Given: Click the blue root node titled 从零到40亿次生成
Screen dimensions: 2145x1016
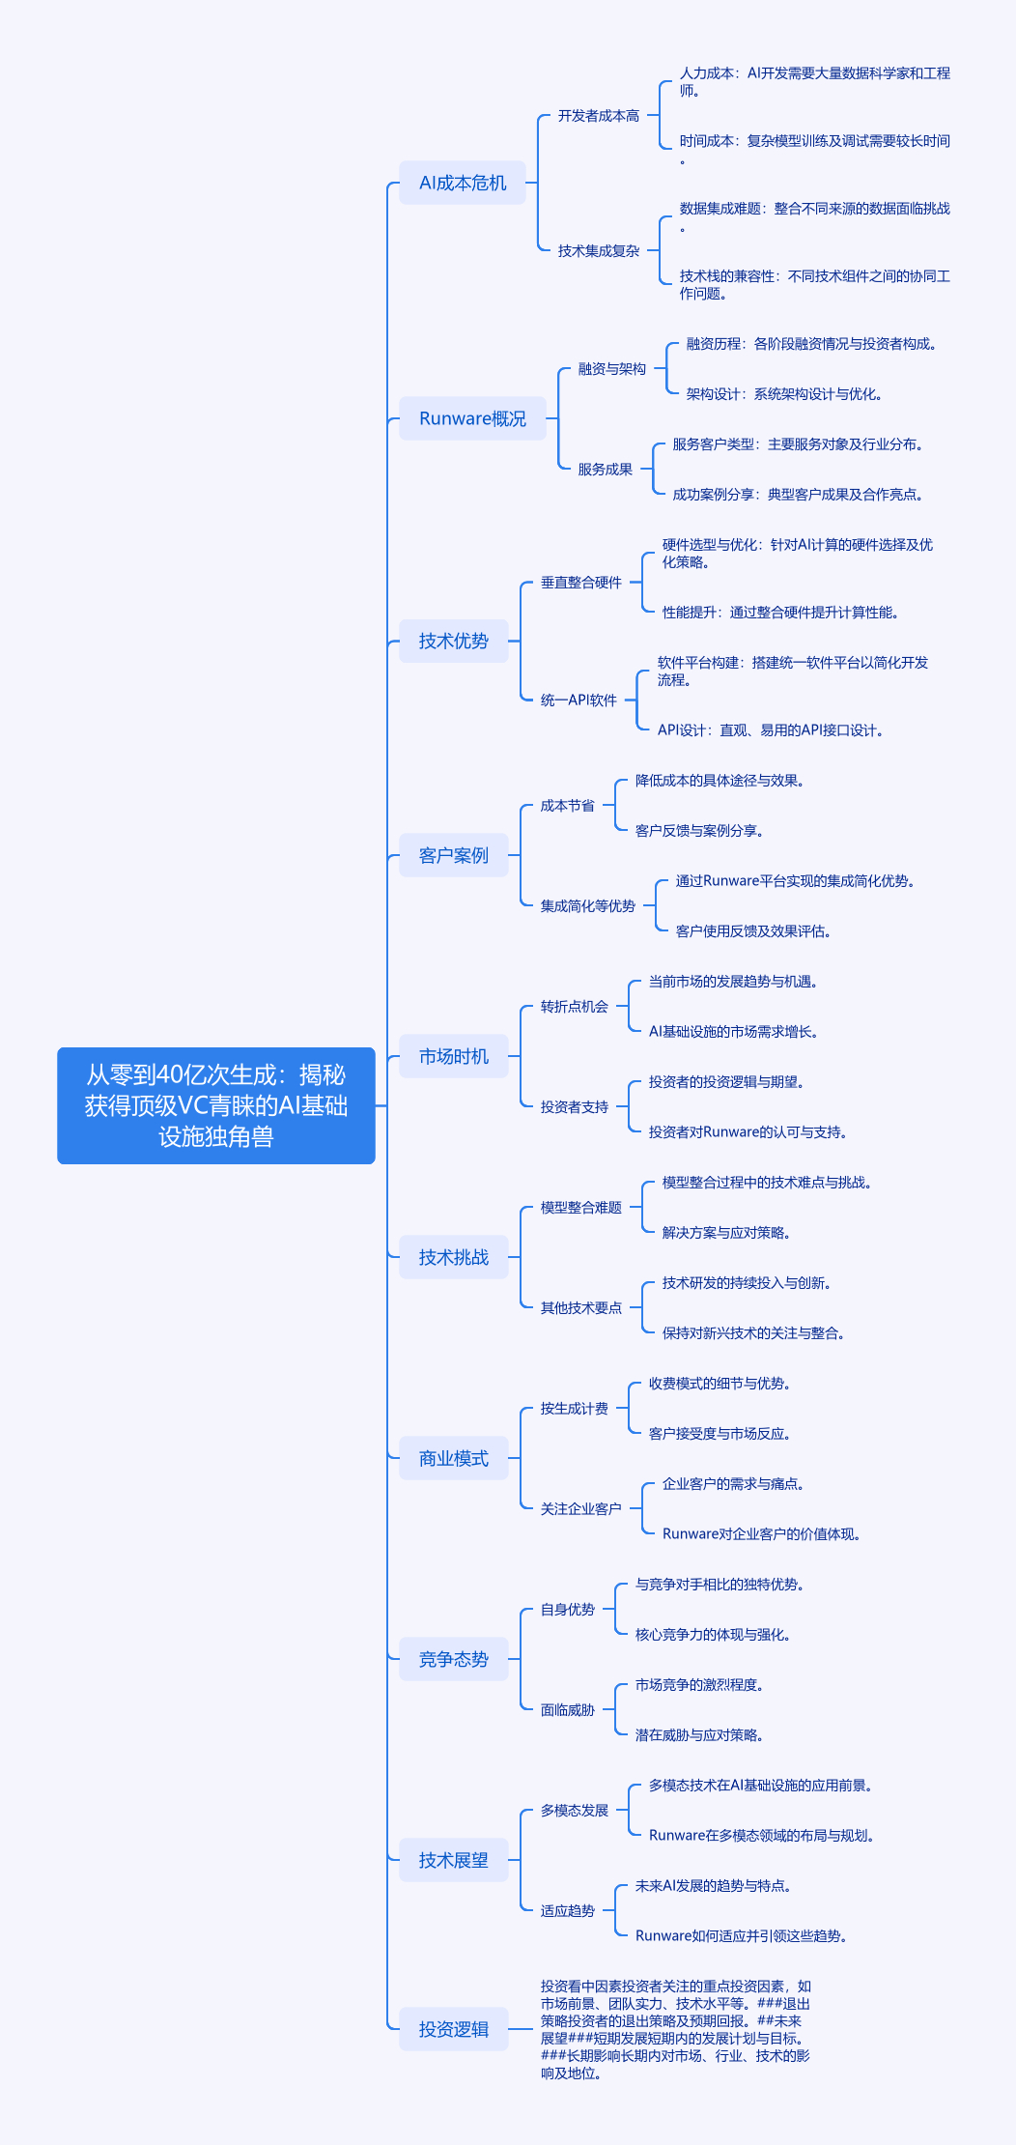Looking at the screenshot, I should [x=215, y=1105].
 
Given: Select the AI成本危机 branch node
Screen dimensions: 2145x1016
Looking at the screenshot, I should [x=463, y=183].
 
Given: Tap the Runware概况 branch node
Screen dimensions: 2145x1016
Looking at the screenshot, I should [x=472, y=418].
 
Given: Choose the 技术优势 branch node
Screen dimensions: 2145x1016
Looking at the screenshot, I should [x=453, y=641].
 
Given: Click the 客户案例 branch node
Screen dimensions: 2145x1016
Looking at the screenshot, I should [x=453, y=855].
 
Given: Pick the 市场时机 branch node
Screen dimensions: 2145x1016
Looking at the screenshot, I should [x=453, y=1056].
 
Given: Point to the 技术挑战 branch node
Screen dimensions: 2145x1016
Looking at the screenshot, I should [x=453, y=1257].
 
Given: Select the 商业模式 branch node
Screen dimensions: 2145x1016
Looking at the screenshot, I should [x=453, y=1458].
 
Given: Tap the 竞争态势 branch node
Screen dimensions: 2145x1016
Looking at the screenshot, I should [x=453, y=1659].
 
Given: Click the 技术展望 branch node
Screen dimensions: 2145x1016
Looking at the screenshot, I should [x=453, y=1860].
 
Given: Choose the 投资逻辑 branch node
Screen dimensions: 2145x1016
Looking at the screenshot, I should [x=453, y=2029].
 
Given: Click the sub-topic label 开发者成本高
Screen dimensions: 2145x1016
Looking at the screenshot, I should [x=598, y=116].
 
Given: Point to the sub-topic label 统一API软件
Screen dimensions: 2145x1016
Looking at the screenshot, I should [x=578, y=701].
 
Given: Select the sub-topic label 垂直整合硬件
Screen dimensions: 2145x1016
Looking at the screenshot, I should [x=580, y=583].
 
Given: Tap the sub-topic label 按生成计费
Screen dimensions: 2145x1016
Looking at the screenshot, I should [x=574, y=1409].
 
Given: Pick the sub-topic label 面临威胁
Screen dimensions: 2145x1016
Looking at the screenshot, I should [x=567, y=1710].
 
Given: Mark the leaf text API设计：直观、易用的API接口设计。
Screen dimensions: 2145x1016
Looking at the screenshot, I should [x=771, y=730].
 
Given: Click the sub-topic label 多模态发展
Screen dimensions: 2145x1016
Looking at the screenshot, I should [x=574, y=1811].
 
